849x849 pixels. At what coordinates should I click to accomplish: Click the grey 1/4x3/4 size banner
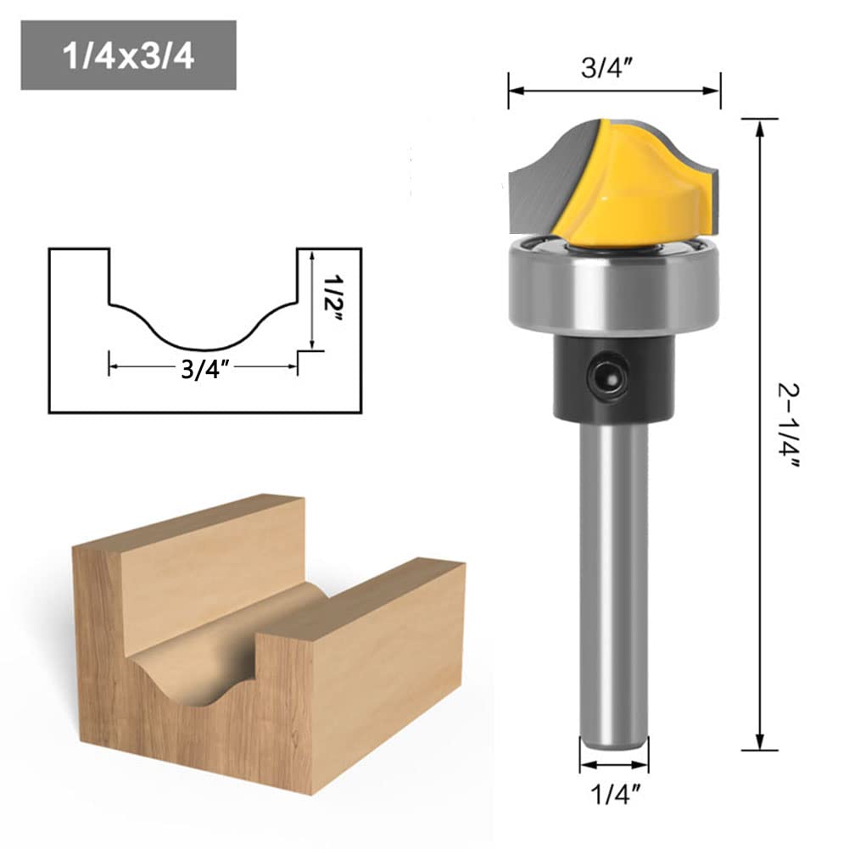[128, 56]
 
